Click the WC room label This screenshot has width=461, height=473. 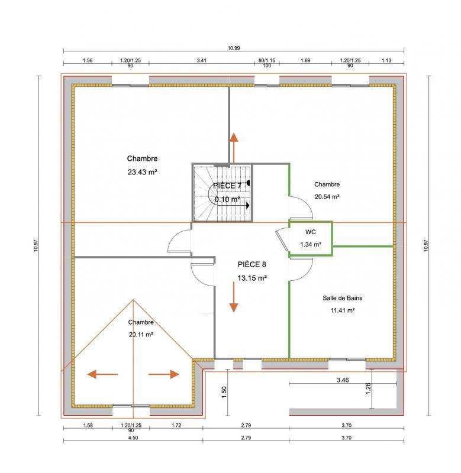click(x=311, y=232)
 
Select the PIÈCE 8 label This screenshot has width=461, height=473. click(x=252, y=264)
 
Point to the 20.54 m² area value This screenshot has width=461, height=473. click(x=327, y=196)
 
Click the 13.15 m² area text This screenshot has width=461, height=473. click(x=252, y=277)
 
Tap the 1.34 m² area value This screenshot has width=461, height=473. click(x=311, y=244)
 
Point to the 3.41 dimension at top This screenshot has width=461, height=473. click(x=201, y=60)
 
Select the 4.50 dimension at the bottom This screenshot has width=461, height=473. click(x=132, y=438)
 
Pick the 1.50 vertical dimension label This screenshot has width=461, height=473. click(x=224, y=393)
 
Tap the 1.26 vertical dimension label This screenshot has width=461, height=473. click(x=367, y=387)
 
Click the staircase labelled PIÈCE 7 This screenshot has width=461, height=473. click(x=222, y=193)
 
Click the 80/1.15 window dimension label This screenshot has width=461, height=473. click(x=267, y=60)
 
